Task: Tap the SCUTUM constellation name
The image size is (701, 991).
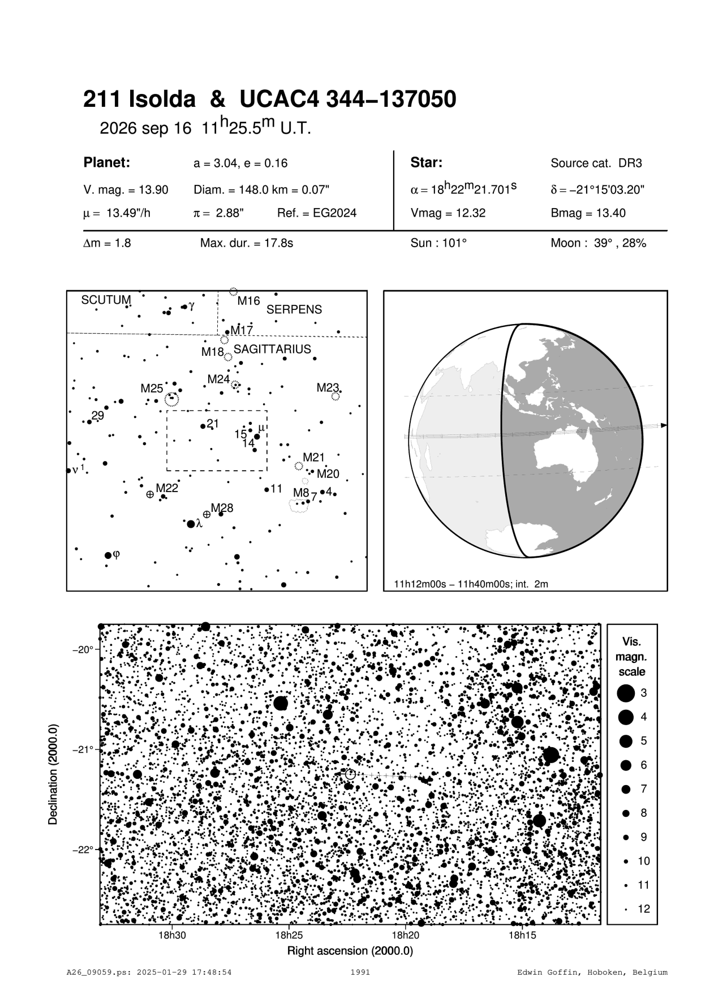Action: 106,300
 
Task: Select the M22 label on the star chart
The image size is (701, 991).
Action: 167,488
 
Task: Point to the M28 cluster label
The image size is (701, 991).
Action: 222,508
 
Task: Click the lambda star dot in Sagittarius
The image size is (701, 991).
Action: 191,524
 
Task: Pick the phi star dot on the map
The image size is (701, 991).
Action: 108,555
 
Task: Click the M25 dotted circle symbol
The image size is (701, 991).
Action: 171,400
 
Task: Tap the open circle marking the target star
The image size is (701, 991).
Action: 350,774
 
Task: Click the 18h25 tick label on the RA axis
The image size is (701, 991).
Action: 289,936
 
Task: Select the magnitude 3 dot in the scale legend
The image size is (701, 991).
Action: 626,693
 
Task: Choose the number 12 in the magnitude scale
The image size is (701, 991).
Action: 644,909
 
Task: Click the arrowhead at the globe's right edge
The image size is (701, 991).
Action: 664,425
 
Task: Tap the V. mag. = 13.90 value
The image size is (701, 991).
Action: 126,190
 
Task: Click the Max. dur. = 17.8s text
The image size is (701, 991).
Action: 247,243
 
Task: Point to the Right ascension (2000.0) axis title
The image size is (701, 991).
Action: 350,951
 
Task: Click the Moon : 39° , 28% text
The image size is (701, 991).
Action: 598,243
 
